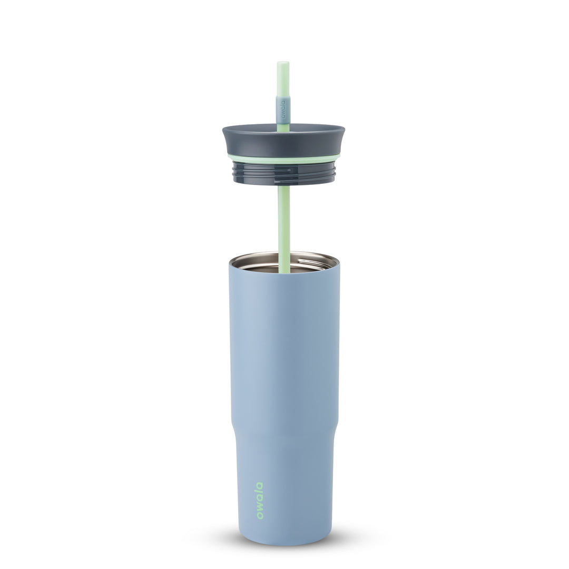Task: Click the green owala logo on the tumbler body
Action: click(260, 501)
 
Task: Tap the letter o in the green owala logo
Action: click(260, 516)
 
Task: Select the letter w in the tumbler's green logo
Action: click(260, 507)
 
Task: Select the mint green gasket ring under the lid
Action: click(283, 159)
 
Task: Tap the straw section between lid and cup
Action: click(283, 216)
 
